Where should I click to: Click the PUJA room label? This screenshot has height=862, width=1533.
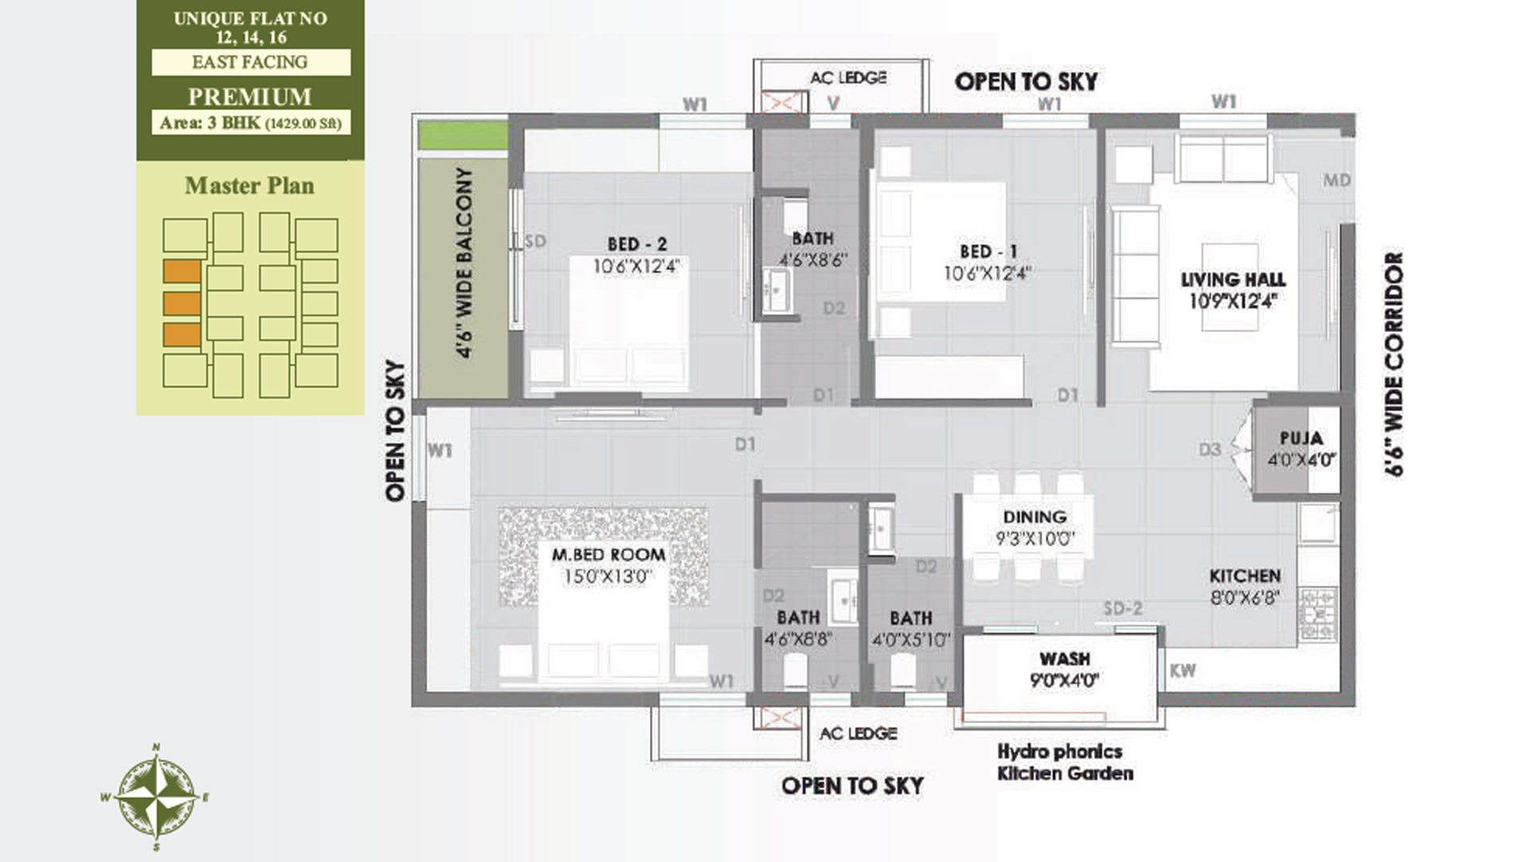[1301, 438]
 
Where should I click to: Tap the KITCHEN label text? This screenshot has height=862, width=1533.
[1245, 576]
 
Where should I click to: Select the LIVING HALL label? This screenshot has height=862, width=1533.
[1234, 279]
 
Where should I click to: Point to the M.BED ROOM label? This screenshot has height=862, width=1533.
[608, 555]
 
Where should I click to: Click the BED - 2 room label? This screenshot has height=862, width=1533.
[636, 244]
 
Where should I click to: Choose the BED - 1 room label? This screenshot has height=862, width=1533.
[988, 251]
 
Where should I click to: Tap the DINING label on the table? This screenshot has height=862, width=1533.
[1035, 517]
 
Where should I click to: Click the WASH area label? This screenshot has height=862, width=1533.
[1064, 659]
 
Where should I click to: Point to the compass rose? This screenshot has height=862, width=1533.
[157, 797]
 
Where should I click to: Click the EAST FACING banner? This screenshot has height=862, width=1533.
[250, 62]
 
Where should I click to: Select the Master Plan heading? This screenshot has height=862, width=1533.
[250, 186]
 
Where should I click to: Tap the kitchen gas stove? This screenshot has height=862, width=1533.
[1318, 615]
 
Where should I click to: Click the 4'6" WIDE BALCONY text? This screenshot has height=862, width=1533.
[464, 263]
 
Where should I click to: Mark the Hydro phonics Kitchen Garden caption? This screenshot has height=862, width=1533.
[1065, 762]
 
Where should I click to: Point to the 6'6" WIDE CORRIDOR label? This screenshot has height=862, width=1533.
[1394, 364]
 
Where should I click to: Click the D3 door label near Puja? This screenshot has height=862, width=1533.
[1210, 450]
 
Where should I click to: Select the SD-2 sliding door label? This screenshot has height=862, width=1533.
[1123, 609]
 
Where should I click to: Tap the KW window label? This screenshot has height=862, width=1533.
[1182, 671]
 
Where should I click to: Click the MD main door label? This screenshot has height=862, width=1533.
[1337, 180]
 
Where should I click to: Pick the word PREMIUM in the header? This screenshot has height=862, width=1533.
[250, 97]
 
